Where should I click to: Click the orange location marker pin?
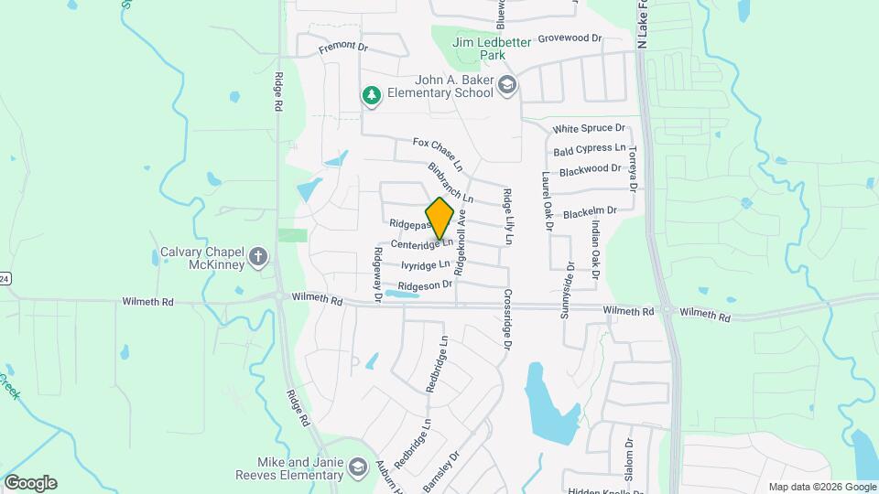pyautogui.click(x=440, y=219)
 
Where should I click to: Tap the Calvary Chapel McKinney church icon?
pyautogui.click(x=258, y=256)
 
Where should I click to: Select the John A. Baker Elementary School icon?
pyautogui.click(x=508, y=85)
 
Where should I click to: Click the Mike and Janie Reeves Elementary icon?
pyautogui.click(x=357, y=469)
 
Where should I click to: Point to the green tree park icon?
pyautogui.click(x=371, y=94)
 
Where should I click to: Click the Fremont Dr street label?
pyautogui.click(x=342, y=47)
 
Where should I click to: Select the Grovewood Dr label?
pyautogui.click(x=569, y=38)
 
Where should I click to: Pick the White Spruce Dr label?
pyautogui.click(x=589, y=129)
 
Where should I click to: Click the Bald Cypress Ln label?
pyautogui.click(x=589, y=148)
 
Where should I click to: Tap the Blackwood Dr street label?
pyautogui.click(x=590, y=169)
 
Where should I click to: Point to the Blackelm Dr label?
pyautogui.click(x=591, y=211)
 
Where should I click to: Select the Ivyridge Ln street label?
pyautogui.click(x=426, y=265)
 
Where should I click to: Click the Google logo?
pyautogui.click(x=30, y=483)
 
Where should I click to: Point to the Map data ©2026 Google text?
pyautogui.click(x=821, y=487)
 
